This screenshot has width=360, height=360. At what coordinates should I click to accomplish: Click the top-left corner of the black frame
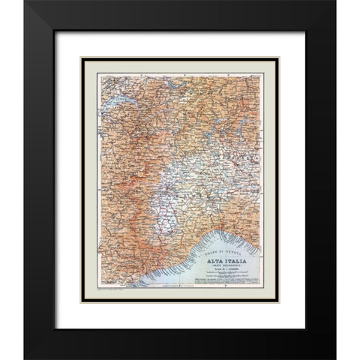tap(25, 2)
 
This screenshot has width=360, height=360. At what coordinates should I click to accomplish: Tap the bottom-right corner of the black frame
tap(334, 358)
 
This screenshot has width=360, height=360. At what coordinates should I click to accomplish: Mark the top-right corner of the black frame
tap(334, 2)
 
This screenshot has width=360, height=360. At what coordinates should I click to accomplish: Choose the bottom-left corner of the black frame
tap(25, 358)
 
